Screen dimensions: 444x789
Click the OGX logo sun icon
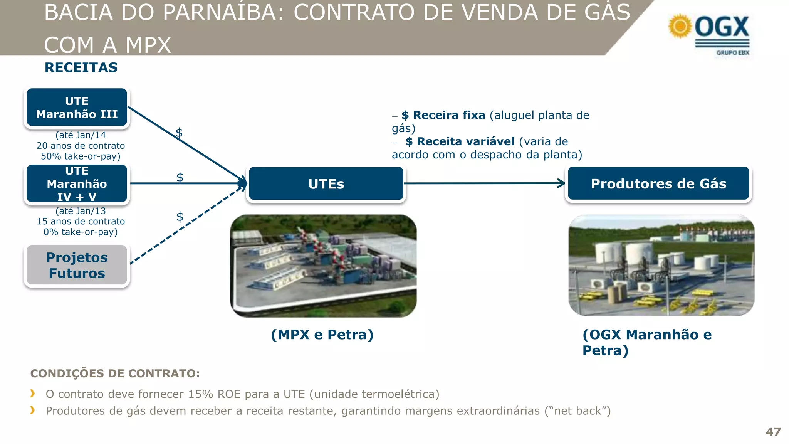click(x=680, y=26)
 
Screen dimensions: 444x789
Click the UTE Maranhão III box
click(x=77, y=108)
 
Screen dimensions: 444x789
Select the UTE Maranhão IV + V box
click(x=77, y=184)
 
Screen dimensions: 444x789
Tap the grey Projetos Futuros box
click(x=77, y=265)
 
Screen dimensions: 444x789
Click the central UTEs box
click(x=326, y=184)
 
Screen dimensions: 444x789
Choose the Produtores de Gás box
click(x=658, y=184)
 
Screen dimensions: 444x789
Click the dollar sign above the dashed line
click(x=180, y=217)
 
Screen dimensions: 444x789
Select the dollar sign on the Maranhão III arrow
click(x=179, y=133)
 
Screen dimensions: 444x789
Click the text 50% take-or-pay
click(x=81, y=156)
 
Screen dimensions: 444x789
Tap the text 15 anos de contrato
click(x=81, y=222)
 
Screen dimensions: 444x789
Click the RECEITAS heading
click(x=81, y=67)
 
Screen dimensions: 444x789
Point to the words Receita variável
click(x=465, y=141)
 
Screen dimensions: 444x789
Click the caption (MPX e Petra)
click(x=322, y=335)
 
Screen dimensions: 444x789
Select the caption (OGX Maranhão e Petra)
click(x=646, y=342)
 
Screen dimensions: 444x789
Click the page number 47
click(x=773, y=432)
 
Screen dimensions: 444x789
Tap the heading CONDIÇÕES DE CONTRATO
click(x=115, y=373)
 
